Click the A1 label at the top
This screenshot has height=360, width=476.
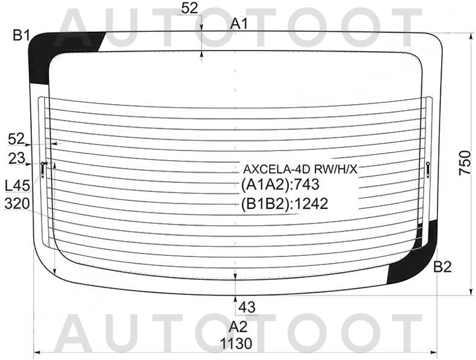point(240,23)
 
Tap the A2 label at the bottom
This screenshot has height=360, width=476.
point(238,327)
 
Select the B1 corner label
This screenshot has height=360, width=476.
point(21,36)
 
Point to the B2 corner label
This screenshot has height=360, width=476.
point(443,267)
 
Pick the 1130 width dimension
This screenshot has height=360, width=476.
point(236,344)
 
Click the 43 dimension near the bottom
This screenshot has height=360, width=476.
point(247,308)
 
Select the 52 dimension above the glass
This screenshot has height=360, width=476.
point(190,8)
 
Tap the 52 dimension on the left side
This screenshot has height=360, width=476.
point(16,139)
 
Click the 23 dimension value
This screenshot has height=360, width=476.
point(16,158)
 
